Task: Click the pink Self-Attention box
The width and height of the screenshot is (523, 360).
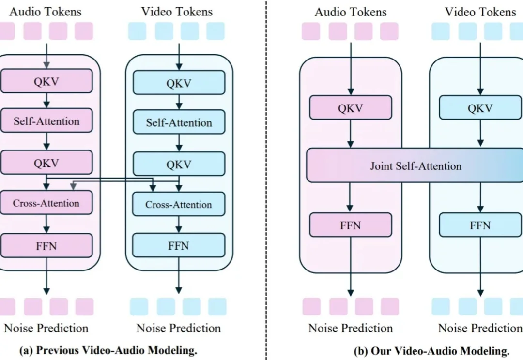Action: [x=46, y=121]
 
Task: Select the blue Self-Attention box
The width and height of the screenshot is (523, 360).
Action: [x=179, y=122]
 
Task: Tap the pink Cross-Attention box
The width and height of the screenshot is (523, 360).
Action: [x=46, y=203]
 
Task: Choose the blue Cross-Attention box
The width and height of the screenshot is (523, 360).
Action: [x=179, y=204]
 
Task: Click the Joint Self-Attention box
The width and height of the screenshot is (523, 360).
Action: [x=415, y=166]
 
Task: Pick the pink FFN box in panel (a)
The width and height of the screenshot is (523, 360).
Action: [x=46, y=245]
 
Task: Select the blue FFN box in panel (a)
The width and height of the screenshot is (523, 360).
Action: [x=179, y=245]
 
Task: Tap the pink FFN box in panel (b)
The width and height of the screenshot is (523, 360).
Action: [x=350, y=225]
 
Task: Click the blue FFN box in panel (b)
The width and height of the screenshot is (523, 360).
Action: [x=480, y=225]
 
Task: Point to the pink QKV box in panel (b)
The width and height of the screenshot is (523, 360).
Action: [x=350, y=108]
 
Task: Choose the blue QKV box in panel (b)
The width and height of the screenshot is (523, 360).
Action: [x=480, y=108]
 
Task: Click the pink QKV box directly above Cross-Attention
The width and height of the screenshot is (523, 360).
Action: [x=46, y=163]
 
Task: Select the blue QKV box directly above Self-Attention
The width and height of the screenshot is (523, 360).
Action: [x=179, y=83]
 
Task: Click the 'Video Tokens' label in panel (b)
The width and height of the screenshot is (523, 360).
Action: [x=480, y=11]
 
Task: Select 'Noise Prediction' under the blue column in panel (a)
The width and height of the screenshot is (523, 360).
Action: [x=178, y=328]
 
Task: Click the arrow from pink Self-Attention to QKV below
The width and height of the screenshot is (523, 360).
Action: [x=46, y=141]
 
